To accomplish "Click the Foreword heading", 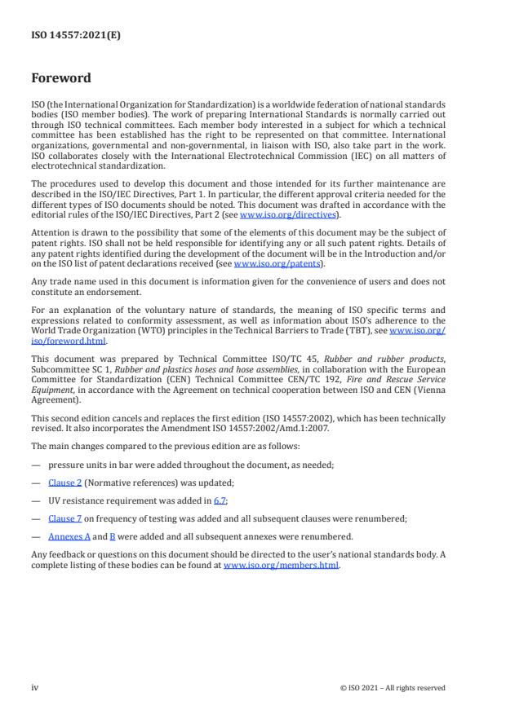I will pos(61,79).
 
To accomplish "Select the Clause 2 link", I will pos(64,483).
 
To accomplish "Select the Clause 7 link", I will pos(64,518).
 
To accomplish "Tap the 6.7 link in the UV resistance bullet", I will pos(220,500).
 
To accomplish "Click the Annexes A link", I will pos(68,536).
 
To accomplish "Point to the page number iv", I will pos(35,687).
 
